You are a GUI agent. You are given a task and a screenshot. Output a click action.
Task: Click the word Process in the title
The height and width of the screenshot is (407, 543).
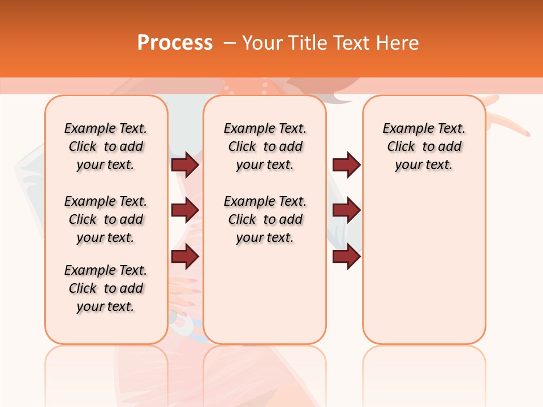tap(175, 43)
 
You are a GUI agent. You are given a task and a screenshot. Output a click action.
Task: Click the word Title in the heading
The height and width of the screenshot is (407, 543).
tap(305, 43)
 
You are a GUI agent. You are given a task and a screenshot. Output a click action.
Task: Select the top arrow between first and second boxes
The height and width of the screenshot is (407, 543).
tap(185, 164)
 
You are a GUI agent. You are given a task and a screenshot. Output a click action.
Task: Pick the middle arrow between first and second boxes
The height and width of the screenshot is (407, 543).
tap(185, 210)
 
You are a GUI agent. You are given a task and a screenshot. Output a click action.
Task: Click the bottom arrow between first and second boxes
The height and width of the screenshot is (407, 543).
tap(185, 256)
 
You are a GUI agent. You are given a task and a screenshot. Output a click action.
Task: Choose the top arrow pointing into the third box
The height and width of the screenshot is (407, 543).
tap(346, 164)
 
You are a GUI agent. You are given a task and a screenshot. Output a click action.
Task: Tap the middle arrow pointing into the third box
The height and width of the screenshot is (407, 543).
tap(346, 210)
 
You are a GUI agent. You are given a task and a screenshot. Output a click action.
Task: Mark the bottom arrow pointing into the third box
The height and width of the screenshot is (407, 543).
tap(346, 256)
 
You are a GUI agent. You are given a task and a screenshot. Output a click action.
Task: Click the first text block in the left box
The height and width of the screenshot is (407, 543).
tap(106, 146)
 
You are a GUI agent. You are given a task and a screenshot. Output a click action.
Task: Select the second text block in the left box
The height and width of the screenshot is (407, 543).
tap(106, 219)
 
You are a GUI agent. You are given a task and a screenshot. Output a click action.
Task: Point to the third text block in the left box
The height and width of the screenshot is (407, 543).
tap(106, 288)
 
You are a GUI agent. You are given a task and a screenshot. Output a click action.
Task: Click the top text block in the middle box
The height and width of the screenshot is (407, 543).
tap(265, 146)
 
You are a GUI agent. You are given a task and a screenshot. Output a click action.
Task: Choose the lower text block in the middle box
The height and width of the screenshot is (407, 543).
tap(265, 219)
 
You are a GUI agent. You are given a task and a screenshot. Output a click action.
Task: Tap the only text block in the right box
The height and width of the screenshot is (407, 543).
tap(424, 146)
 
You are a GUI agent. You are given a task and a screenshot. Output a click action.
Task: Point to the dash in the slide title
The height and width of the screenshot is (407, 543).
tap(230, 43)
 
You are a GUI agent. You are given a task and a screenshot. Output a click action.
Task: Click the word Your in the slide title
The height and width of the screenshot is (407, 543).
tap(264, 43)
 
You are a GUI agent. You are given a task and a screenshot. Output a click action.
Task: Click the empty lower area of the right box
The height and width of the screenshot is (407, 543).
tap(424, 266)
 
